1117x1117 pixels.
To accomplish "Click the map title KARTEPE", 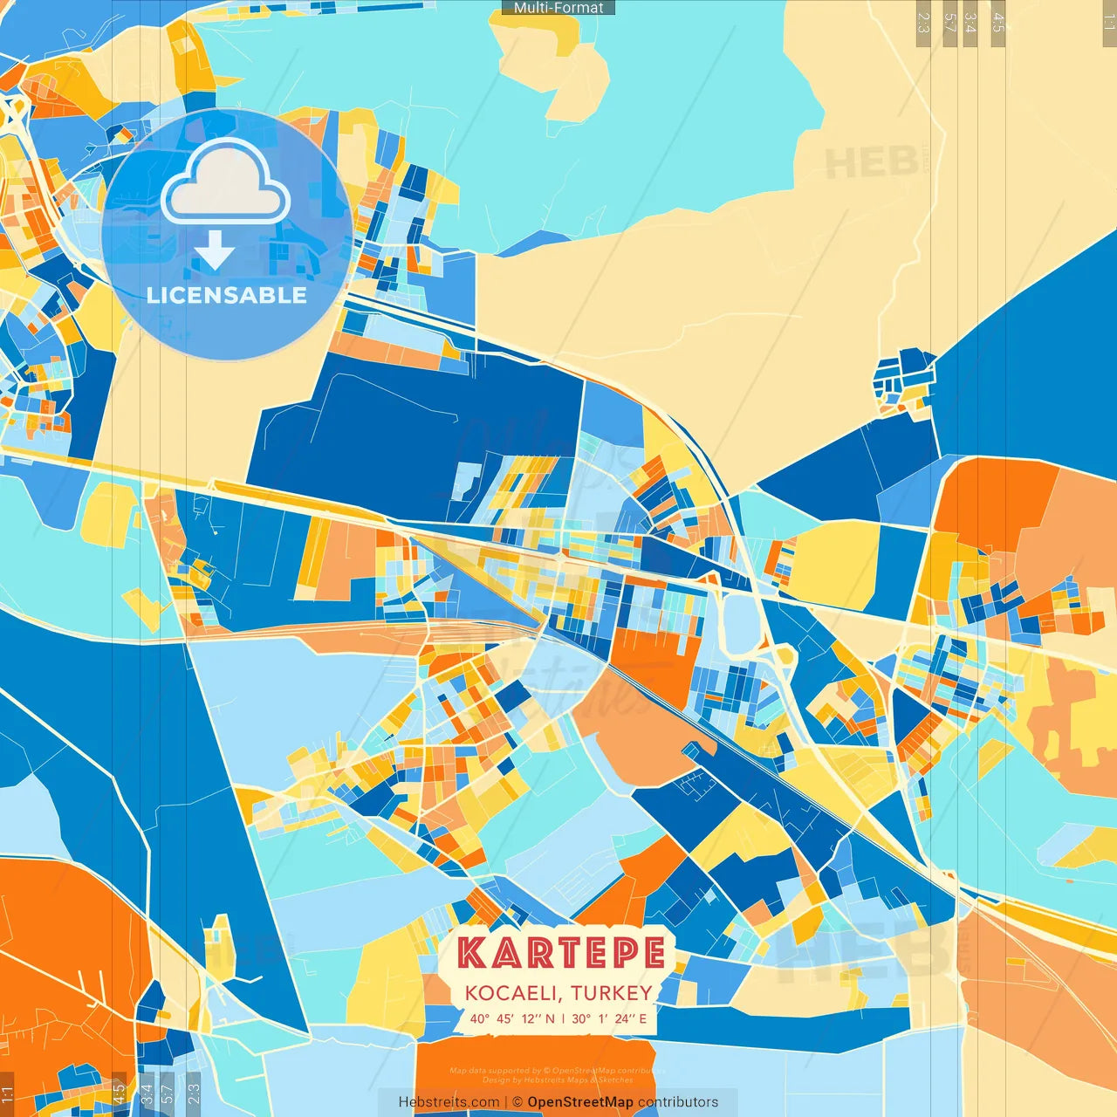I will point(561,953).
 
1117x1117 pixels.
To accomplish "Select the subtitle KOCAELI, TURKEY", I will point(558,993).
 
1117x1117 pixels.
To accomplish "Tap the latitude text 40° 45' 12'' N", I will point(511,1018).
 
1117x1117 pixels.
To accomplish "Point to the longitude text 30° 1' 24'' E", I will point(609,1018).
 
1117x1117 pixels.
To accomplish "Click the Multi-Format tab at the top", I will point(558,8).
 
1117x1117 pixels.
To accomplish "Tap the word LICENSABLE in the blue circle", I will point(227,295).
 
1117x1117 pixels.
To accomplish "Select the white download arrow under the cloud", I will point(215,250).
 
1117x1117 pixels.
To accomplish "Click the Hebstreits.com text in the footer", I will point(449,1102).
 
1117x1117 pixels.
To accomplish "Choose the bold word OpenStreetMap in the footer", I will point(580,1102).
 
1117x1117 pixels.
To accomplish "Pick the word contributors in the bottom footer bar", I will point(678,1102).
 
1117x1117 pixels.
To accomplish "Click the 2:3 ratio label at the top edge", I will point(923,23).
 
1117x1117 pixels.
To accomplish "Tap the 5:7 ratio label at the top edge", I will point(949,23).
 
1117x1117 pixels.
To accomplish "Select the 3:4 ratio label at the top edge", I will point(970,23).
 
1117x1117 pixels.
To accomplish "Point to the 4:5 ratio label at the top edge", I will point(998,23).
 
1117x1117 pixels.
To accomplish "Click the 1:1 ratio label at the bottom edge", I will point(7,1094).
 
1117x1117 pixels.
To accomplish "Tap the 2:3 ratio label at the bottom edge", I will point(194,1093).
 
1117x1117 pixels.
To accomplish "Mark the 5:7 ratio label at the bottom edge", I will point(168,1093).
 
